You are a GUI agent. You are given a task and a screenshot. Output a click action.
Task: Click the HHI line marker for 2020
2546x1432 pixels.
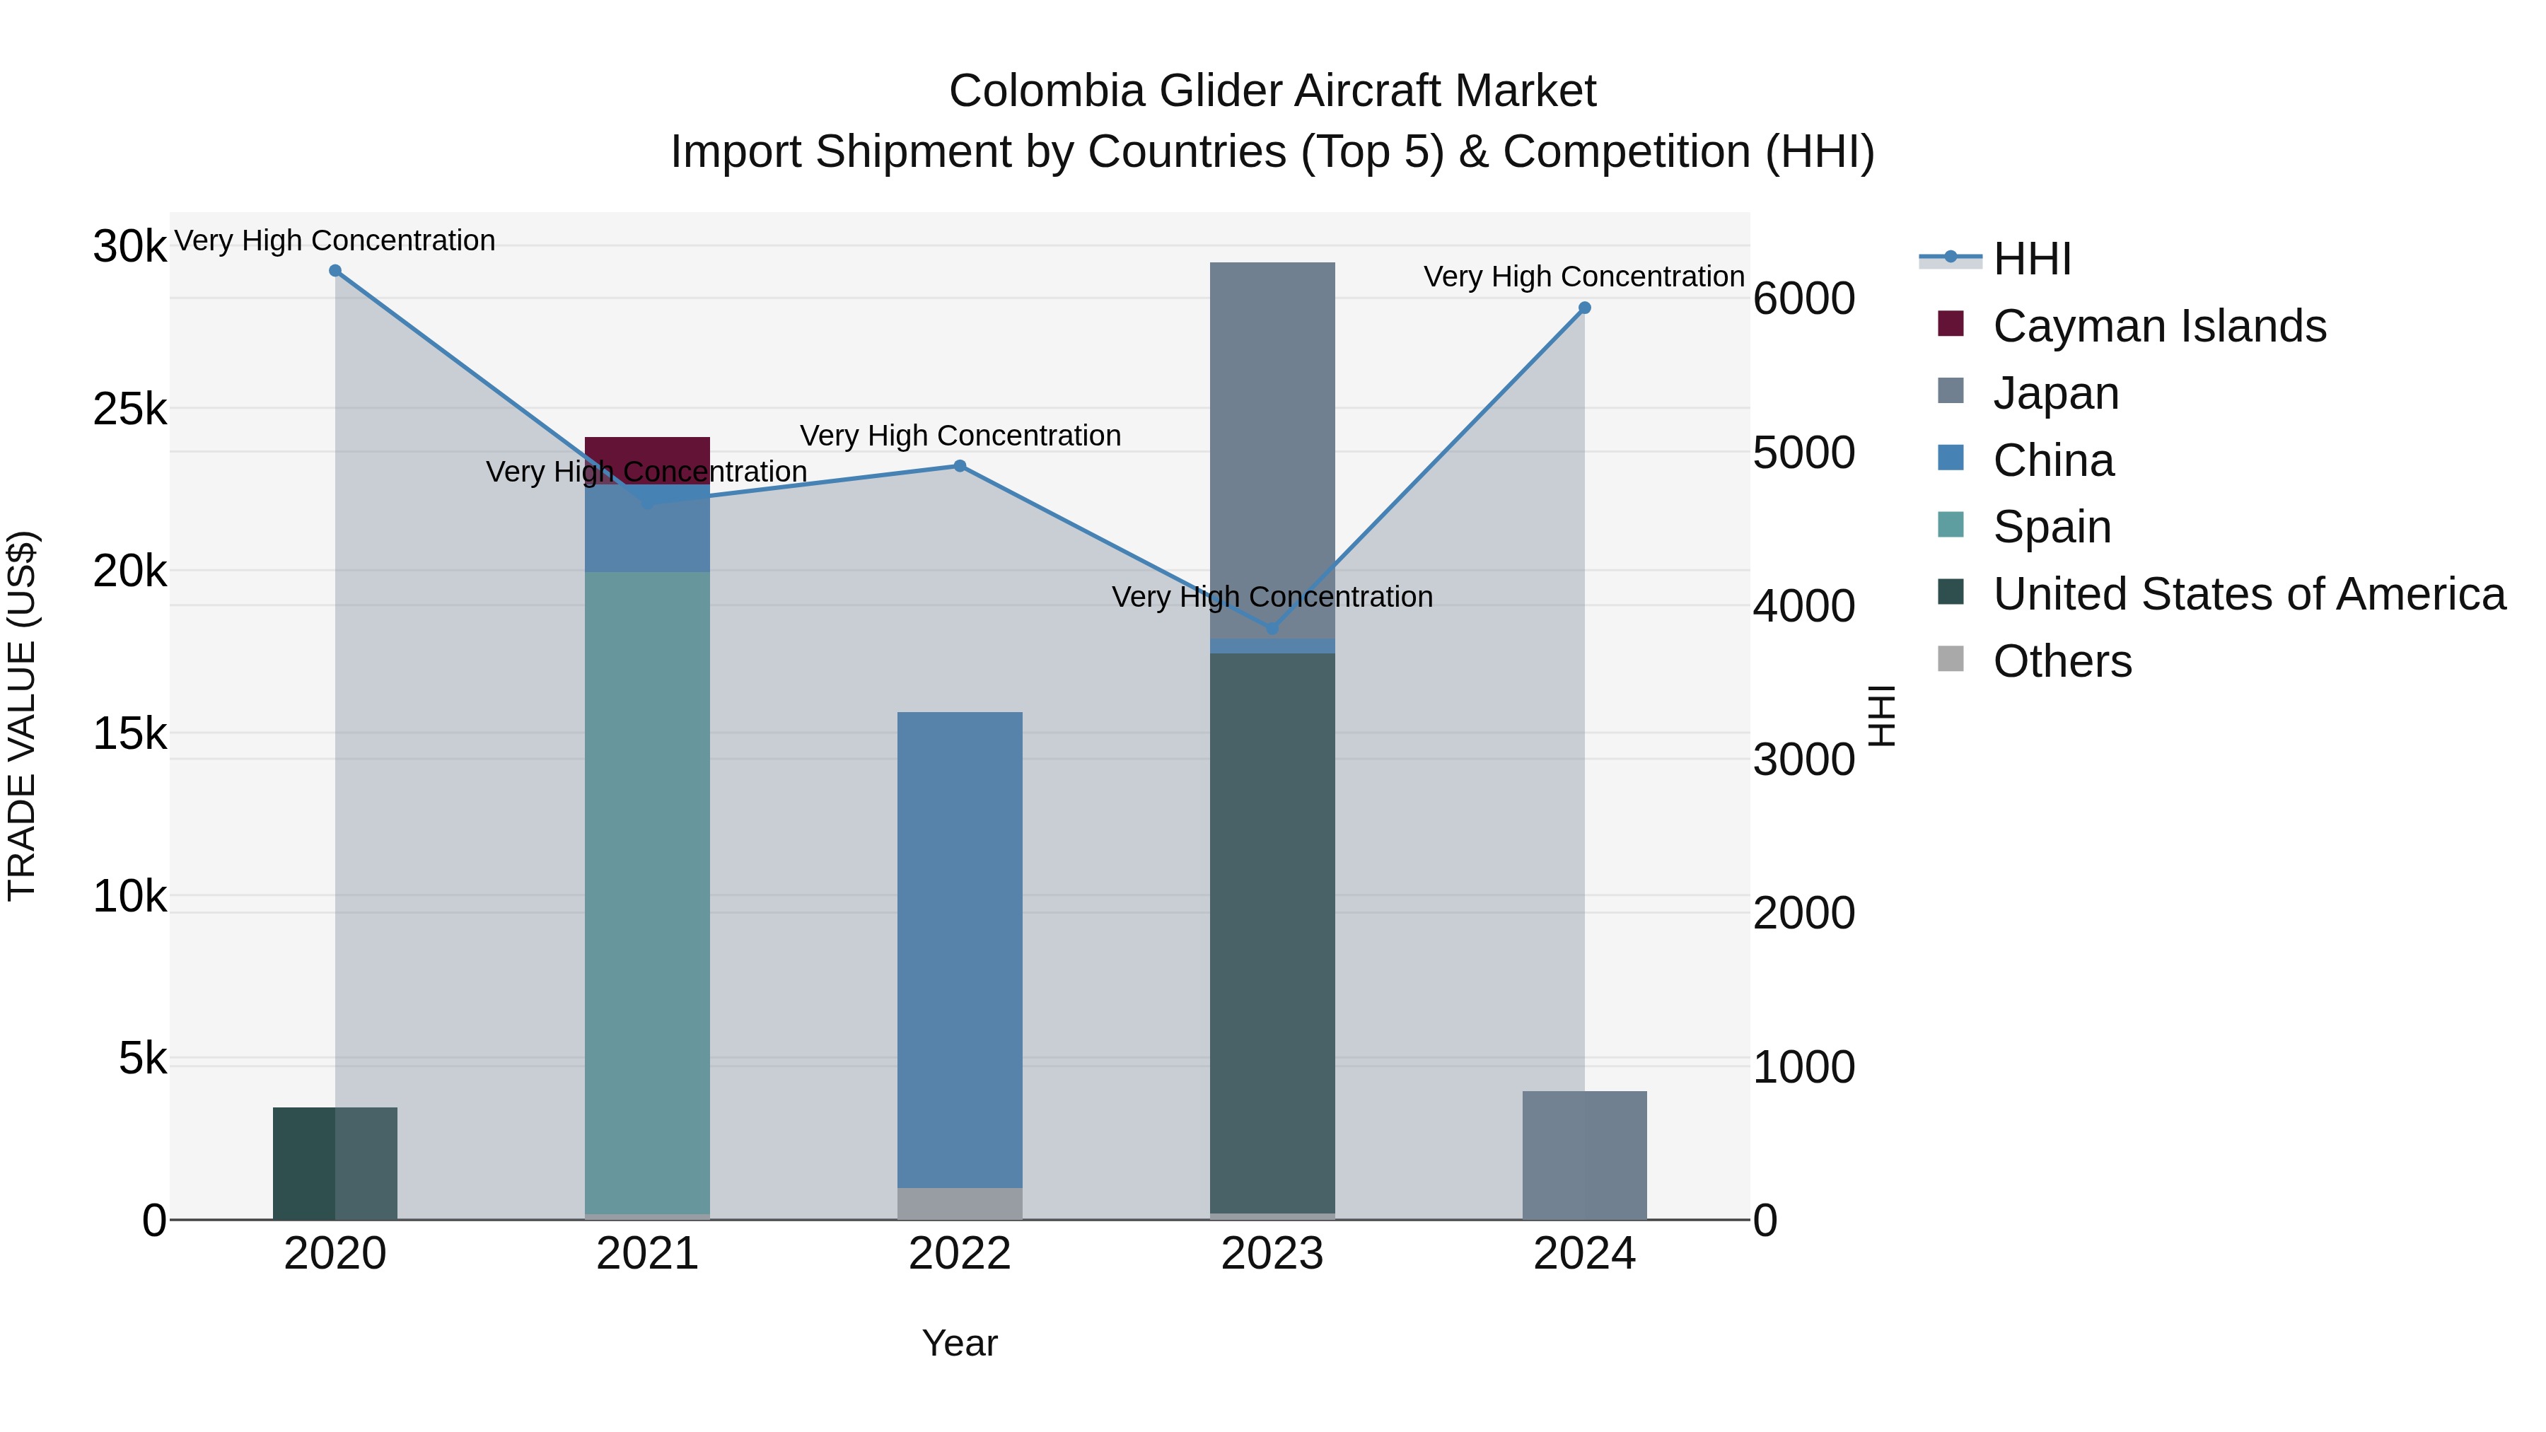point(335,271)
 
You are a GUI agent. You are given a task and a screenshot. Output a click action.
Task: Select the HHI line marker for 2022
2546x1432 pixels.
point(960,467)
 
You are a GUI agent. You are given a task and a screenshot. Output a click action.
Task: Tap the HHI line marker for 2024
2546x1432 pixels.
point(1584,308)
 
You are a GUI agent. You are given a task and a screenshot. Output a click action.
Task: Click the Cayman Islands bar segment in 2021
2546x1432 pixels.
point(647,453)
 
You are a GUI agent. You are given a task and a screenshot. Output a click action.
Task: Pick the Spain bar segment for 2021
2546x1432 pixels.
point(647,890)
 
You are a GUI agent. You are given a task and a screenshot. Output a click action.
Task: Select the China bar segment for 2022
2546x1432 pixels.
point(960,949)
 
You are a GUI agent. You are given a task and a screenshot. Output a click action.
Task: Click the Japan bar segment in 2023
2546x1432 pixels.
point(1272,445)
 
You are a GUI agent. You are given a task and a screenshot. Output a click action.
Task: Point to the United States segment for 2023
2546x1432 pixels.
point(1272,929)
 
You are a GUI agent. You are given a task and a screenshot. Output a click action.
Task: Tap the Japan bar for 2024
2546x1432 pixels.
point(1584,1156)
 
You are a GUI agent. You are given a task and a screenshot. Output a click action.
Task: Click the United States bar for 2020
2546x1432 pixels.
point(335,1163)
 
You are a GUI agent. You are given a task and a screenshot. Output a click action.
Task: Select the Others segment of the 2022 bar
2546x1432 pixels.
point(960,1203)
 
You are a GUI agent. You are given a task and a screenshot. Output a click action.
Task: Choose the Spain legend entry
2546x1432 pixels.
point(2052,527)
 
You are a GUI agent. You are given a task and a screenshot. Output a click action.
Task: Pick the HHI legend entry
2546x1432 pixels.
point(2031,259)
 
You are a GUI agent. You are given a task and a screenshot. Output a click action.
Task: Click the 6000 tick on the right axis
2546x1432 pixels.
point(1803,298)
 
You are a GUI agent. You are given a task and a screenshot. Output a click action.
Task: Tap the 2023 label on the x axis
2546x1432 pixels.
point(1272,1254)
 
